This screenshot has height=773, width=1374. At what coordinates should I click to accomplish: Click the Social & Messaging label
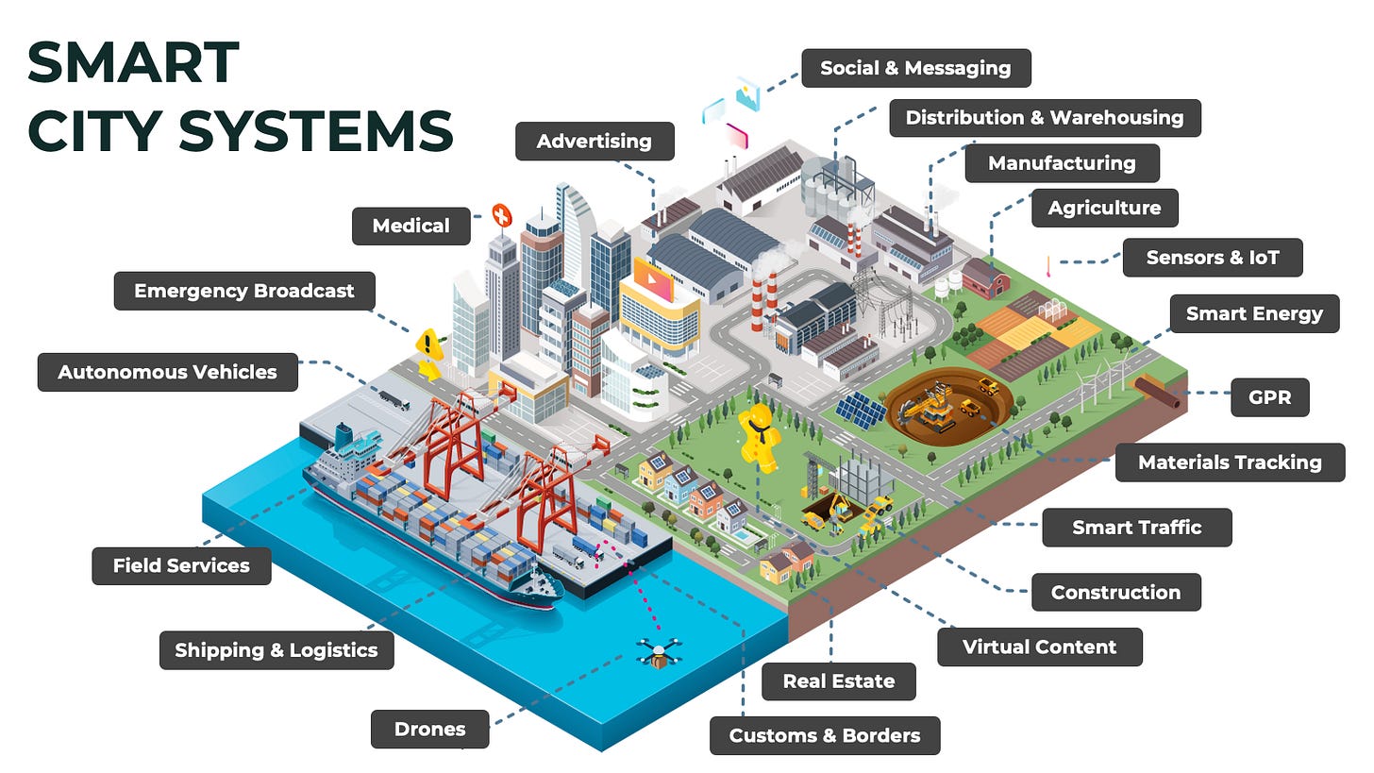point(915,68)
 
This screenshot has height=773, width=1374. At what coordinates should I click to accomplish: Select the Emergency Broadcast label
point(243,291)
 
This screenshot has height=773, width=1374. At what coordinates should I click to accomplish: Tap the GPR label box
point(1269,397)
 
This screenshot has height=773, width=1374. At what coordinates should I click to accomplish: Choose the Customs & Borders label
point(824,735)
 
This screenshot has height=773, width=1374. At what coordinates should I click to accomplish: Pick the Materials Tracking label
point(1229,462)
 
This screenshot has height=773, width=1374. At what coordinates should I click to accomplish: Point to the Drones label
point(429,729)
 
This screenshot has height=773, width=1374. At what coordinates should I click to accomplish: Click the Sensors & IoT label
point(1212,257)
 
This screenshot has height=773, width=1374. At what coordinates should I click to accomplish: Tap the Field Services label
point(181,565)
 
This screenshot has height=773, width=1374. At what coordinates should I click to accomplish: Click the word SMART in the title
point(133,64)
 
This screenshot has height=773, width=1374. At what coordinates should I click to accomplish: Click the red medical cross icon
point(501,216)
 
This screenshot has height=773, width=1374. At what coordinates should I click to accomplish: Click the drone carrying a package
point(657,653)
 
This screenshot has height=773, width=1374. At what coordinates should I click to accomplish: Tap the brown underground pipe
point(1160,392)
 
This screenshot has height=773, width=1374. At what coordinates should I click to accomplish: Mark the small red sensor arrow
point(1047,265)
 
